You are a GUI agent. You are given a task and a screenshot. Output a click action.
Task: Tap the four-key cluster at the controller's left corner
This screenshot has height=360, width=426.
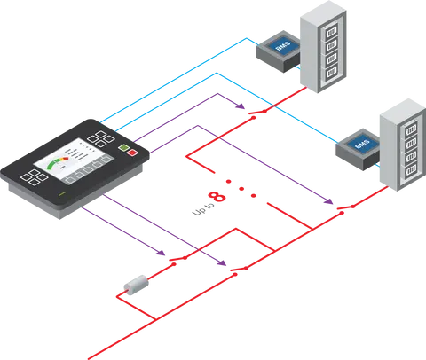[x=35, y=177]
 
